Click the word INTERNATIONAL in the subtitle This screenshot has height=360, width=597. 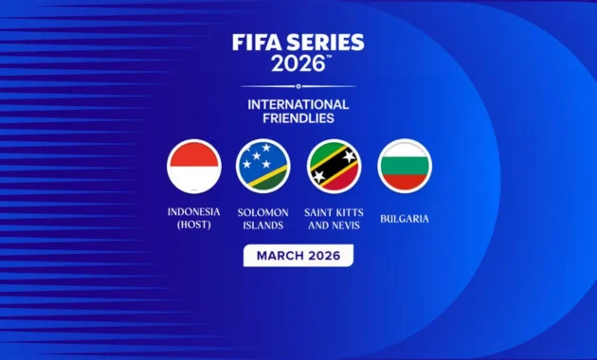[298, 104]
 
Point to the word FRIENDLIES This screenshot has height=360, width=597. [298, 119]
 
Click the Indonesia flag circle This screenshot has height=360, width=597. [193, 166]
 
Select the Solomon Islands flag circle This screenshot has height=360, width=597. [262, 166]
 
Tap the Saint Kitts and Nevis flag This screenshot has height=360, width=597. [334, 166]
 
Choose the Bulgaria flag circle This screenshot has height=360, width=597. [405, 166]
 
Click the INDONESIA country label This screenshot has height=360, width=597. [193, 211]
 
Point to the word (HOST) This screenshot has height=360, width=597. [193, 225]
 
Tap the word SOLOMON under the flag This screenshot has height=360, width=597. [262, 211]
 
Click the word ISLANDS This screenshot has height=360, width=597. [262, 225]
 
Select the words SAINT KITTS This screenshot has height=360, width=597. [334, 211]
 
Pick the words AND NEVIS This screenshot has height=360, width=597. [334, 225]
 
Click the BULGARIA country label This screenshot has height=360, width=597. [405, 219]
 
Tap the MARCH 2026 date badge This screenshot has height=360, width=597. [298, 255]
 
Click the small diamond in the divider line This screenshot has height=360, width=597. [298, 86]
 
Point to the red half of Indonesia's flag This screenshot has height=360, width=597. [193, 153]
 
